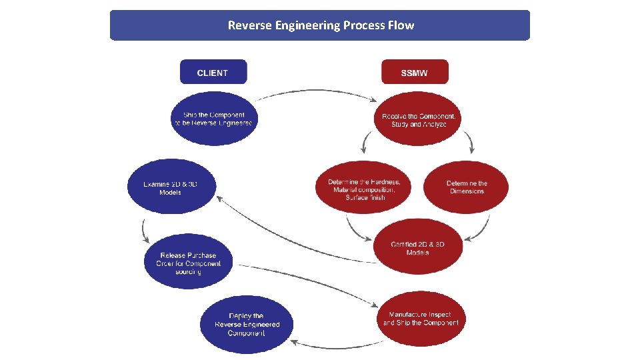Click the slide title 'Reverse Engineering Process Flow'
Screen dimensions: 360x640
pos(320,25)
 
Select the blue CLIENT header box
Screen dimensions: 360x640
pos(213,72)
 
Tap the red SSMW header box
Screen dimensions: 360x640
pos(415,72)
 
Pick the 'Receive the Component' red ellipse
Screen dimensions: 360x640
pos(419,120)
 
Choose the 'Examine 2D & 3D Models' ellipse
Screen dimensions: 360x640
pos(172,187)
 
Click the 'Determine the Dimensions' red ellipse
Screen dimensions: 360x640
pos(466,187)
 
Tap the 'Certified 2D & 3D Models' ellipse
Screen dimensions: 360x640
pos(417,247)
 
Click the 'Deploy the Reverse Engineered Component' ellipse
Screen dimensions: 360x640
pos(246,324)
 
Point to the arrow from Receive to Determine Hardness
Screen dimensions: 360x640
pos(364,142)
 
